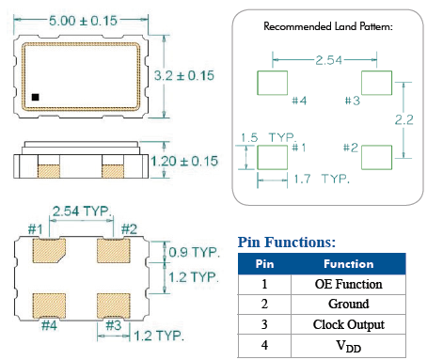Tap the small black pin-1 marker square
(x=35, y=95)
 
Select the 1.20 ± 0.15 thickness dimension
(x=189, y=161)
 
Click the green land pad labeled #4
(x=273, y=83)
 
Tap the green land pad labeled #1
(x=273, y=155)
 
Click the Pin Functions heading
(x=286, y=243)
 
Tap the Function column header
(x=348, y=264)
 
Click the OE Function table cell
(x=348, y=284)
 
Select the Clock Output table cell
(x=348, y=325)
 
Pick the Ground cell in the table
(x=348, y=305)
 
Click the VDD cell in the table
(x=348, y=346)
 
